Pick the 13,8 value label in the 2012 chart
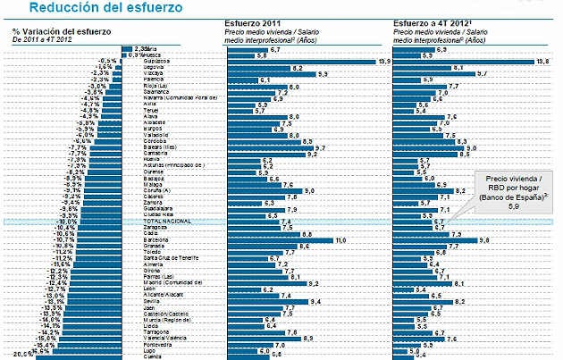[541, 61]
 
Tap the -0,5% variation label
[105, 60]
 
